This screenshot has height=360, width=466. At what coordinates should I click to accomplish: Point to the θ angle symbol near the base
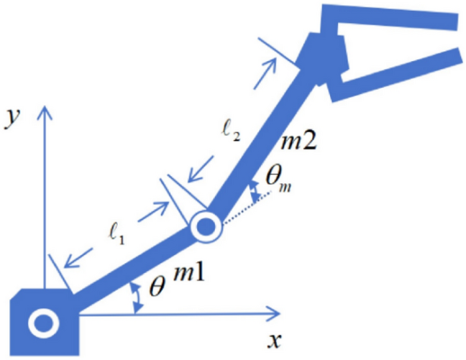coord(157,286)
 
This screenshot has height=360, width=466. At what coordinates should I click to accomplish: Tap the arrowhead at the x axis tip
coord(273,313)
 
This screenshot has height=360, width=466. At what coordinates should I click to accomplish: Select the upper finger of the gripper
coord(388,17)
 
